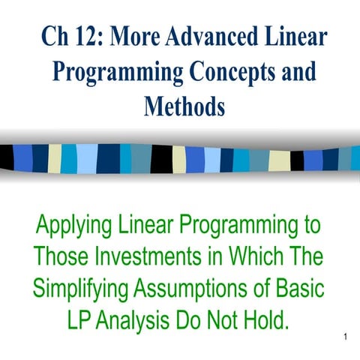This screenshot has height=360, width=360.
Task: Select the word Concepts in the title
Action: [x=234, y=73]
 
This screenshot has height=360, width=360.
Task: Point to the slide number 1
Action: [x=346, y=337]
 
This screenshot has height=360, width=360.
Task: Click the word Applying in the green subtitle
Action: [x=74, y=226]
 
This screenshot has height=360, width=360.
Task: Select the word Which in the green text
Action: [x=256, y=256]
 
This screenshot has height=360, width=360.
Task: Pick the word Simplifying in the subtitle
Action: [x=80, y=289]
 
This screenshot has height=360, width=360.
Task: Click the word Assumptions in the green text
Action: [x=190, y=289]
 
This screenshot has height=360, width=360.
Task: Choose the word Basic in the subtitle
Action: [x=300, y=287]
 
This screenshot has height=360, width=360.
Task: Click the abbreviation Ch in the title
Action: [x=55, y=36]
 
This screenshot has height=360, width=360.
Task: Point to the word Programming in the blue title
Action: [x=118, y=73]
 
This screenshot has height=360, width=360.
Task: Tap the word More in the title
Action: [x=134, y=36]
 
